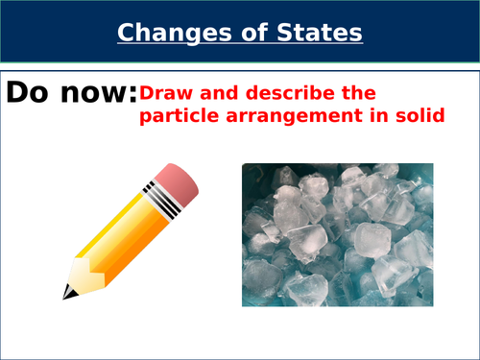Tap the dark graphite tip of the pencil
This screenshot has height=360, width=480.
tap(69, 292)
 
